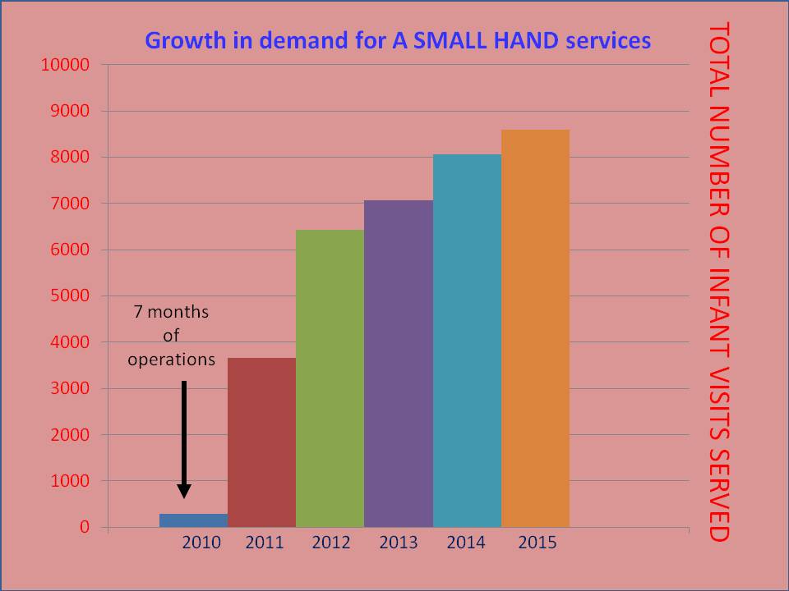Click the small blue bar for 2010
pyautogui.click(x=193, y=520)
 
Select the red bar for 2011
pyautogui.click(x=261, y=442)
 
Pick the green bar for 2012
pyautogui.click(x=330, y=378)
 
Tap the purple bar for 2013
pyautogui.click(x=399, y=364)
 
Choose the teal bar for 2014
pyautogui.click(x=467, y=341)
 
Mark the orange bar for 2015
pyautogui.click(x=535, y=328)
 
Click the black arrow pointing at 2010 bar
pyautogui.click(x=184, y=439)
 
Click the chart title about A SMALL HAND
pyautogui.click(x=398, y=39)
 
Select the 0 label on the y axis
pyautogui.click(x=83, y=528)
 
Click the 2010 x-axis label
pyautogui.click(x=201, y=543)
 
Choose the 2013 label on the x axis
pyautogui.click(x=399, y=543)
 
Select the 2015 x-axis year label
pyautogui.click(x=538, y=543)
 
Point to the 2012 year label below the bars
pyautogui.click(x=330, y=543)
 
